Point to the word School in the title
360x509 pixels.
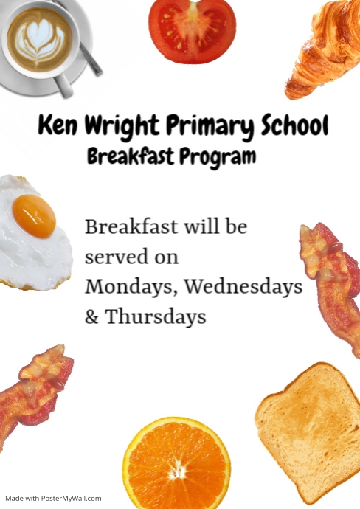point(293,127)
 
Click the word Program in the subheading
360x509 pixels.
point(218,157)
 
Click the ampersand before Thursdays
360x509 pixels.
point(92,317)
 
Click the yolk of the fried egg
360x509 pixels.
point(34,215)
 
